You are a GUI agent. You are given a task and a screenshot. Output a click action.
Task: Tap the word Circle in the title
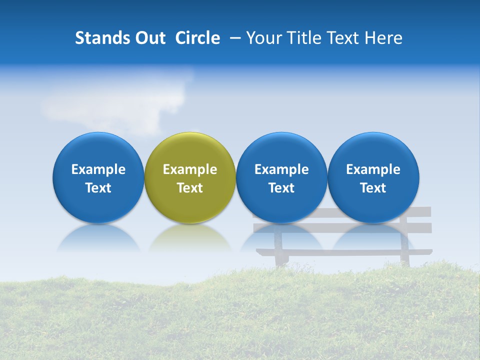tap(197, 38)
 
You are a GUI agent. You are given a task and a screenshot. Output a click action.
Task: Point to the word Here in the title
tap(384, 38)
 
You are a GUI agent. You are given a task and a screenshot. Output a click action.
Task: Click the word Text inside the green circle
tap(190, 188)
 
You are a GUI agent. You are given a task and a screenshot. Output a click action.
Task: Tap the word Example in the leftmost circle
tap(98, 169)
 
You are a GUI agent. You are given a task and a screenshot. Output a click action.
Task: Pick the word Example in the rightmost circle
tap(373, 169)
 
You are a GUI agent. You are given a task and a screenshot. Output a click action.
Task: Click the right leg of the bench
tap(404, 250)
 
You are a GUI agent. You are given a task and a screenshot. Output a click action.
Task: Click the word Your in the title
tap(263, 38)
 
